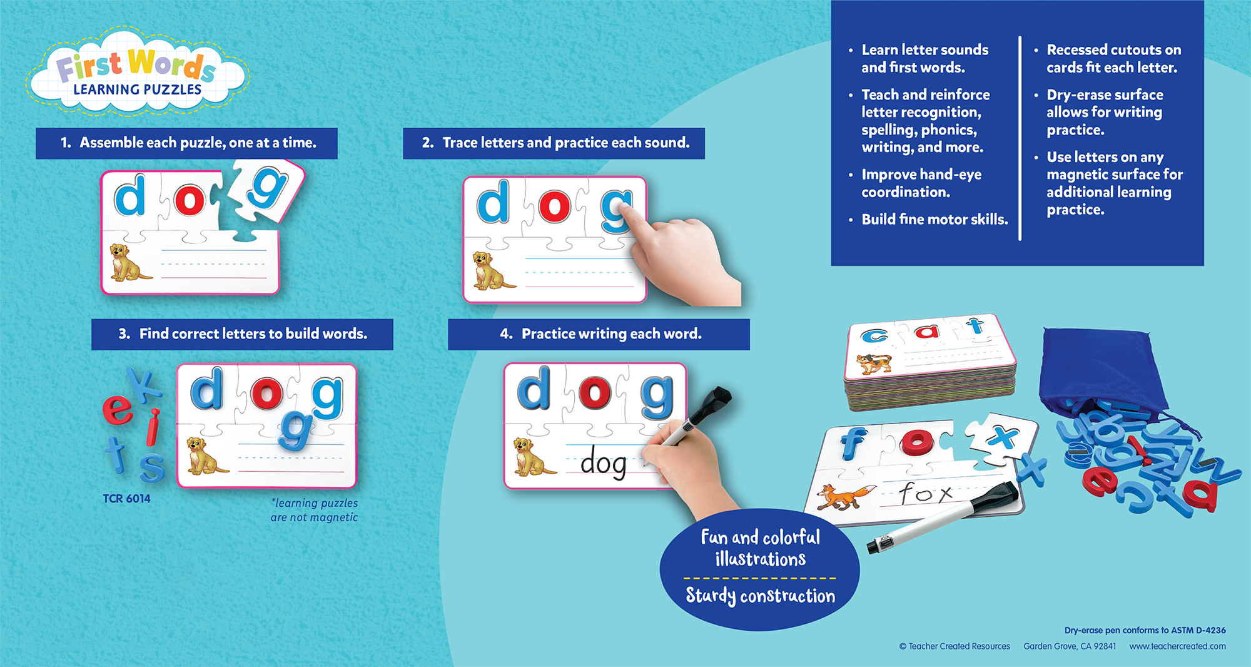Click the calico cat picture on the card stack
(x=874, y=364)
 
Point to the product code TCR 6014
(x=126, y=499)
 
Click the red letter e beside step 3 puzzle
(x=118, y=409)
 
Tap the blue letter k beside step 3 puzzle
(x=144, y=384)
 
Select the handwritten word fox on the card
(x=926, y=492)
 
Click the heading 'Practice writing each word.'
(x=611, y=334)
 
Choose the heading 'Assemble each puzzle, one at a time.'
(x=198, y=143)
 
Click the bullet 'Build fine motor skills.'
(x=934, y=220)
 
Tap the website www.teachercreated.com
(x=1177, y=646)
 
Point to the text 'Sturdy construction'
(x=760, y=595)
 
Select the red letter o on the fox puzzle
(x=916, y=441)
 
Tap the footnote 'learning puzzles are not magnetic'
(x=314, y=510)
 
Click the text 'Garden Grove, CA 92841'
(x=1070, y=646)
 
